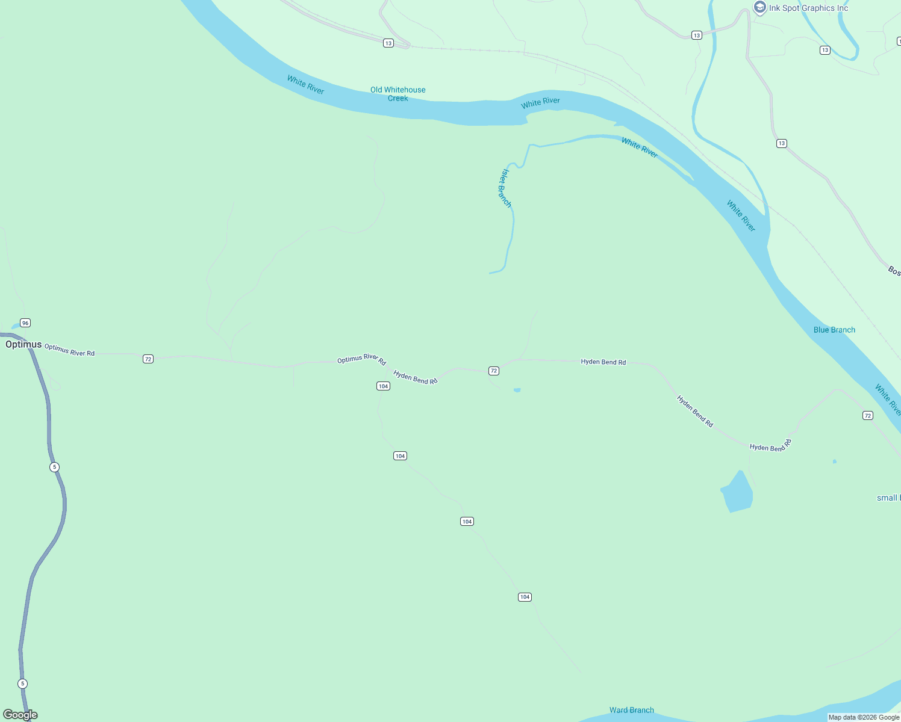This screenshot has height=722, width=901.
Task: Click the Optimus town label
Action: (23, 345)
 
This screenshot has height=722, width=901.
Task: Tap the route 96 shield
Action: (25, 323)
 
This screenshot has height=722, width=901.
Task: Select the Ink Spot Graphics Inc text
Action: (808, 8)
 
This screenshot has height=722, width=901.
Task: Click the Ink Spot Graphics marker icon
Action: (760, 8)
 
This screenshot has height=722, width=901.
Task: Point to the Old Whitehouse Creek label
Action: (397, 94)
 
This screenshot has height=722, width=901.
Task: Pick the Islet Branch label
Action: (505, 188)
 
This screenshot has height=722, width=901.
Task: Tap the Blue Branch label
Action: (834, 330)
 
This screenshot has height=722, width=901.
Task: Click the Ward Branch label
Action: (631, 710)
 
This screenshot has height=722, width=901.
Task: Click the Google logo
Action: (20, 715)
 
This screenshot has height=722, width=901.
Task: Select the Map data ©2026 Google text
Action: (864, 717)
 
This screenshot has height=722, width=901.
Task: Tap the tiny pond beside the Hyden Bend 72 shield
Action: (517, 390)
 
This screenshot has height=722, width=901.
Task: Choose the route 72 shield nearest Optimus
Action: (148, 359)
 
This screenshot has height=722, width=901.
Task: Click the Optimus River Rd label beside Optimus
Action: (69, 350)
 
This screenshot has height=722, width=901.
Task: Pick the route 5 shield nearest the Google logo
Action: (23, 683)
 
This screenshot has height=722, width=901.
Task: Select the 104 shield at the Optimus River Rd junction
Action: (383, 386)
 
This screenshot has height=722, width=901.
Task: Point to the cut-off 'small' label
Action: (888, 498)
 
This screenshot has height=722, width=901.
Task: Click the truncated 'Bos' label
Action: (894, 271)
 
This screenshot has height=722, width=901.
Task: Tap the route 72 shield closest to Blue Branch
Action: (867, 416)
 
